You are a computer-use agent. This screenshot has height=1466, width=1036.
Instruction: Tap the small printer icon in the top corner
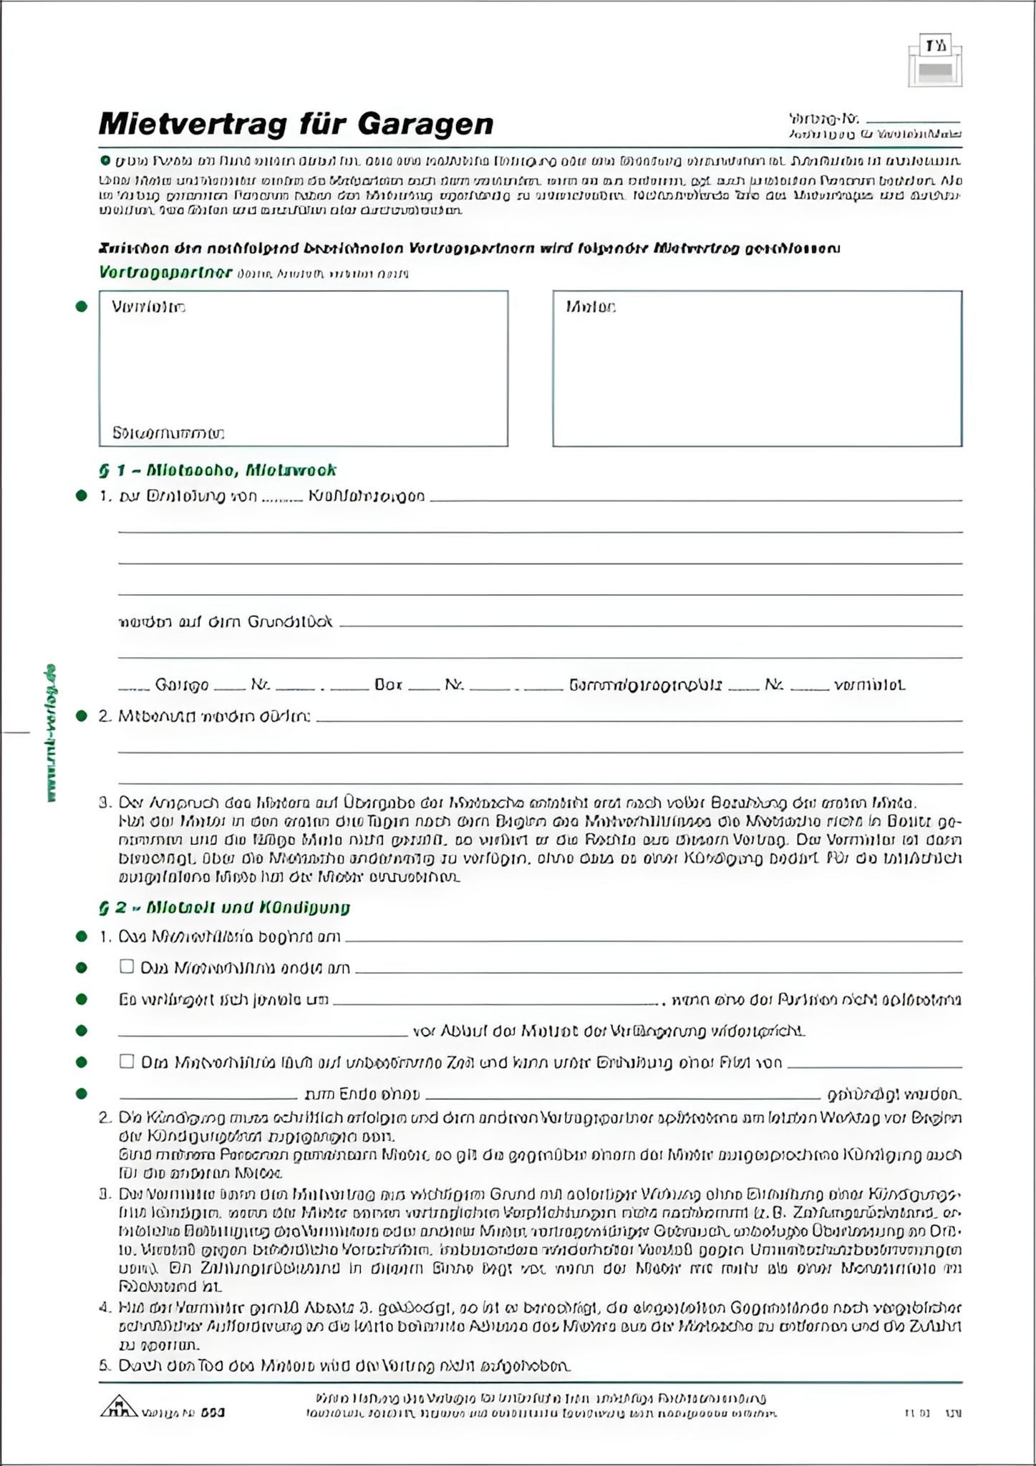pyautogui.click(x=935, y=64)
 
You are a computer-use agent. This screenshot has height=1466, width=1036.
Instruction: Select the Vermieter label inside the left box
pyautogui.click(x=148, y=307)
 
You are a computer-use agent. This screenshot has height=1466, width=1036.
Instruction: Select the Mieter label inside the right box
pyautogui.click(x=590, y=307)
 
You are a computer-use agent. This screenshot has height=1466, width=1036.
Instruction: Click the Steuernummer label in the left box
pyautogui.click(x=168, y=433)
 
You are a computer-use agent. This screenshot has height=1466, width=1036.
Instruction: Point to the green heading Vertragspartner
pyautogui.click(x=165, y=273)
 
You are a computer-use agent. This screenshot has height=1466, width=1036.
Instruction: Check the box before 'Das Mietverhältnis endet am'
pyautogui.click(x=127, y=967)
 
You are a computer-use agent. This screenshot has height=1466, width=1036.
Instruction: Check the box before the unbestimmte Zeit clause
pyautogui.click(x=127, y=1062)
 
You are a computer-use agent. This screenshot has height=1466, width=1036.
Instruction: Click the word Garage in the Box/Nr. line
pyautogui.click(x=182, y=685)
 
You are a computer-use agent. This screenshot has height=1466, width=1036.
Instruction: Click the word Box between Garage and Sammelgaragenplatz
pyautogui.click(x=388, y=685)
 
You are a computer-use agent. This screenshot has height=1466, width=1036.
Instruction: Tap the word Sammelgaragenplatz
pyautogui.click(x=645, y=685)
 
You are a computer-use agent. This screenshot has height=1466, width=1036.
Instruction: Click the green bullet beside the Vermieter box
pyautogui.click(x=82, y=307)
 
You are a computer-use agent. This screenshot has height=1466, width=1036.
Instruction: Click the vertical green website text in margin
pyautogui.click(x=51, y=734)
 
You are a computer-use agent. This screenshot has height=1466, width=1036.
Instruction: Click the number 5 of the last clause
pyautogui.click(x=103, y=1366)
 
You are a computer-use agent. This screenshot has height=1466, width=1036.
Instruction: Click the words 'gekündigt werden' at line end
pyautogui.click(x=894, y=1094)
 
